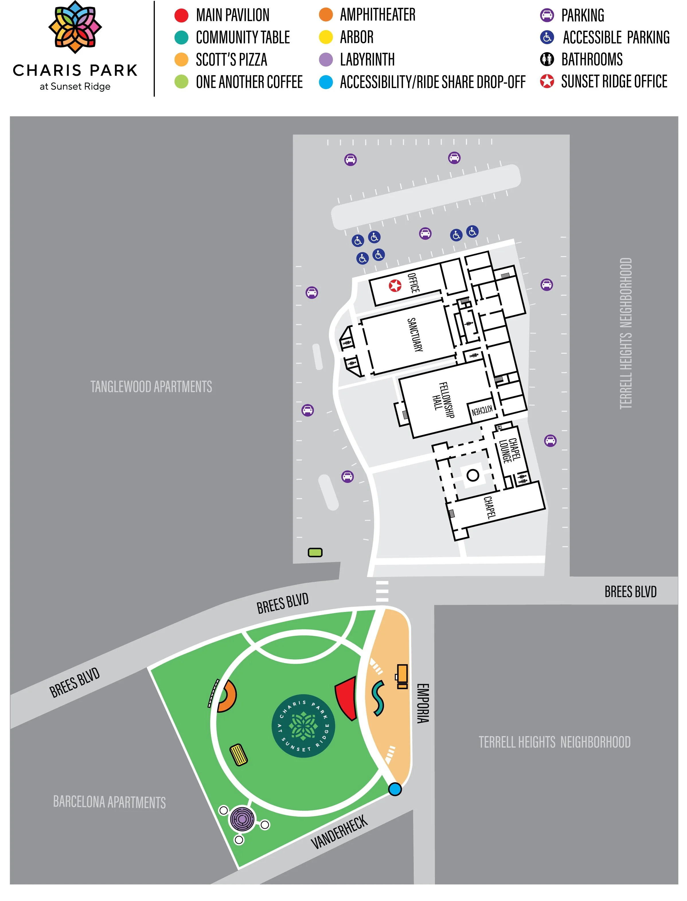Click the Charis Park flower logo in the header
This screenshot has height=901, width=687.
pyautogui.click(x=75, y=27)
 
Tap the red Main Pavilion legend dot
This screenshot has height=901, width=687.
pyautogui.click(x=181, y=15)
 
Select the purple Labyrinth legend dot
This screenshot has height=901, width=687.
pyautogui.click(x=326, y=60)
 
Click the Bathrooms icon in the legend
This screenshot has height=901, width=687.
pyautogui.click(x=547, y=59)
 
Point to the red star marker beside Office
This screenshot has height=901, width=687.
pyautogui.click(x=395, y=285)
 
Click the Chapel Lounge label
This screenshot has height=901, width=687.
pyautogui.click(x=510, y=450)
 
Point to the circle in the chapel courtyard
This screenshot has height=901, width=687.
pyautogui.click(x=473, y=475)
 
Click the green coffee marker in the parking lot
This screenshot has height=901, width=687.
pyautogui.click(x=315, y=553)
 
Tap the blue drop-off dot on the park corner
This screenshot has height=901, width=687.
pyautogui.click(x=395, y=789)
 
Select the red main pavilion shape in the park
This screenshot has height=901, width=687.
pyautogui.click(x=347, y=697)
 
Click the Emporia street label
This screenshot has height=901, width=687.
pyautogui.click(x=423, y=703)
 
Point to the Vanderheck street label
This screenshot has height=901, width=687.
pyautogui.click(x=339, y=832)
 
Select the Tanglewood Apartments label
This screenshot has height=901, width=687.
pyautogui.click(x=151, y=387)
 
